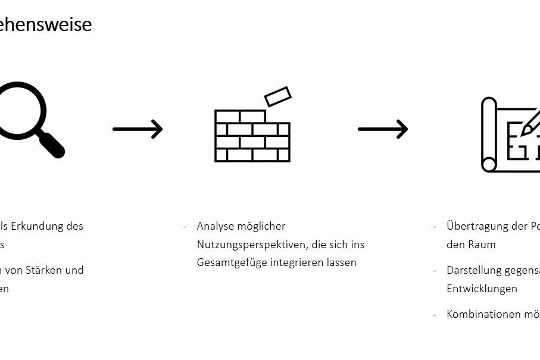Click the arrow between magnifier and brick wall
click(138, 129)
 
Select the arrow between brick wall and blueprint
click(383, 129)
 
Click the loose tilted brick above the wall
click(277, 96)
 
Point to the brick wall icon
click(252, 136)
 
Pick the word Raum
click(482, 245)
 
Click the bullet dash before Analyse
click(185, 226)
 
